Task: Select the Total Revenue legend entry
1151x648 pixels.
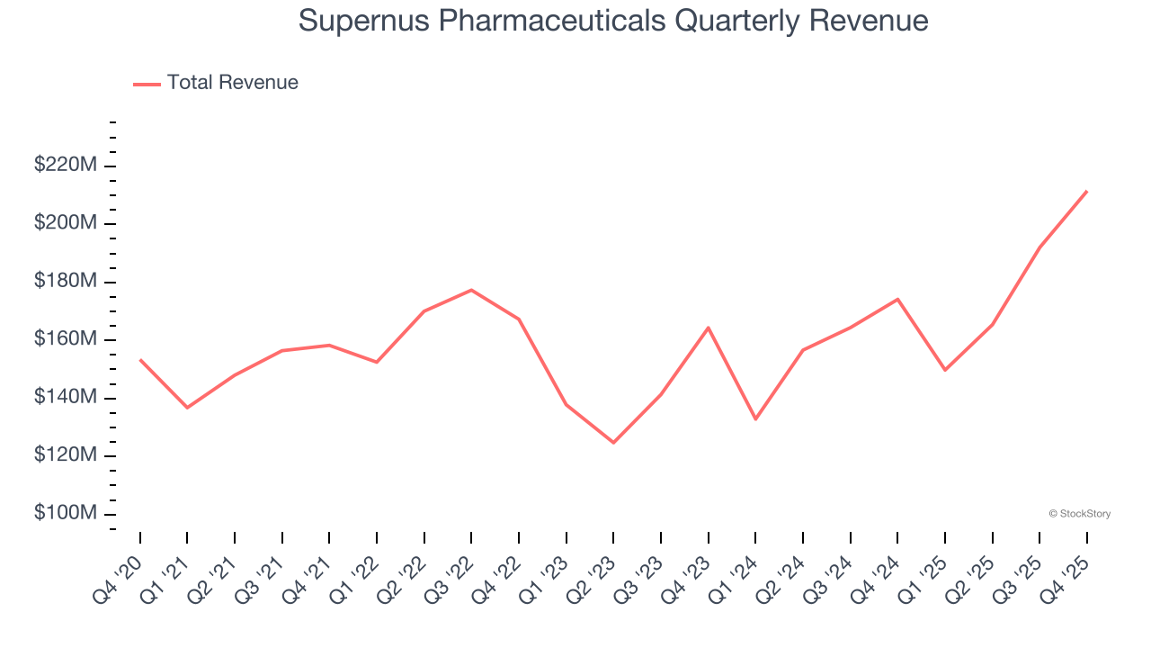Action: (x=216, y=83)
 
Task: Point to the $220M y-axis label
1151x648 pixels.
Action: (x=65, y=166)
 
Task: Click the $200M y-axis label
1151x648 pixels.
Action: (x=65, y=223)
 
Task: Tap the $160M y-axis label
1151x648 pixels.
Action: (x=65, y=339)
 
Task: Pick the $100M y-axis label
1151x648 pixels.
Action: (x=65, y=513)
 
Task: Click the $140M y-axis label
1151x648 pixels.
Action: (x=65, y=397)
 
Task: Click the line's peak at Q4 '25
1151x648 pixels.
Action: (x=1086, y=191)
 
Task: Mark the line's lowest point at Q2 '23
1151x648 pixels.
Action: (x=613, y=443)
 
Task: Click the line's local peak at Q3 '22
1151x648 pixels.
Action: (x=471, y=290)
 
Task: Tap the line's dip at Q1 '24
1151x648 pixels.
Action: (x=755, y=418)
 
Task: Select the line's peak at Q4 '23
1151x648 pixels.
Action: (x=709, y=328)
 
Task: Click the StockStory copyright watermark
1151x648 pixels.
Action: (x=1079, y=514)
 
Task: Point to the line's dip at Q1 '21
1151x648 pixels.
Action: (x=187, y=408)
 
